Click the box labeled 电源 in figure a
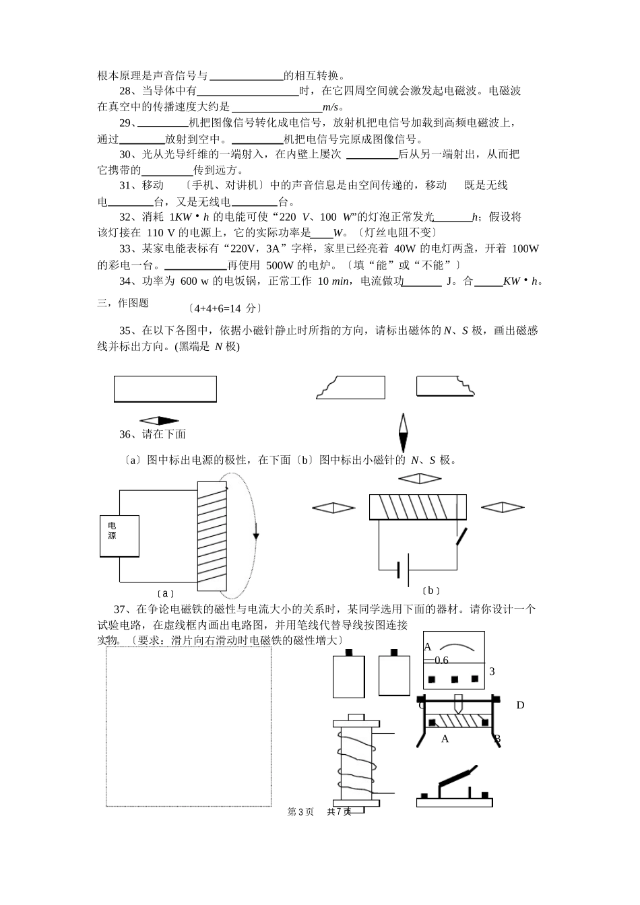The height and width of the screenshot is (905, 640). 119,536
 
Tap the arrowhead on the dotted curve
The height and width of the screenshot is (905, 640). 256,536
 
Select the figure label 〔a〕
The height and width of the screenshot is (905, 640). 165,594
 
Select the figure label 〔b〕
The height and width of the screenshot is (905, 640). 431,591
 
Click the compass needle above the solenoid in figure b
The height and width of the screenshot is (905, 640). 418,479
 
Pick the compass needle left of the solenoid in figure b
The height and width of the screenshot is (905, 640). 333,508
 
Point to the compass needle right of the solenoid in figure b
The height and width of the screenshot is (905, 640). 503,508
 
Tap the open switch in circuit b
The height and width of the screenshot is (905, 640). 461,537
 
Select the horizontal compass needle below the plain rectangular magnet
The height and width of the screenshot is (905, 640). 159,420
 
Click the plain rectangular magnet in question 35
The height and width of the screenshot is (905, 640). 165,389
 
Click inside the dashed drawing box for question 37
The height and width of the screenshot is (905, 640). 189,727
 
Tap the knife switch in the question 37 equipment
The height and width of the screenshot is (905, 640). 455,788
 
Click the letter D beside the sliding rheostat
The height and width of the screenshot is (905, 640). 520,706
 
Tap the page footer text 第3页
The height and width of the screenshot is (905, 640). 300,812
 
